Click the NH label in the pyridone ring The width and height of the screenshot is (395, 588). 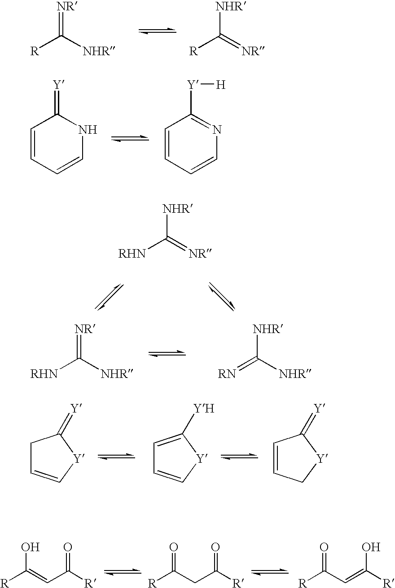(x=88, y=130)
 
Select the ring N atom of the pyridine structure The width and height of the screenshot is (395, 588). (x=217, y=130)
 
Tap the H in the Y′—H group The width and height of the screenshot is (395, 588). (x=220, y=84)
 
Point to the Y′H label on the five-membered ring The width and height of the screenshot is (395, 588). (x=203, y=408)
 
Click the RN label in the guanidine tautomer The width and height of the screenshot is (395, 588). (x=228, y=373)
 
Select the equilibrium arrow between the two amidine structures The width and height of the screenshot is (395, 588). (x=157, y=31)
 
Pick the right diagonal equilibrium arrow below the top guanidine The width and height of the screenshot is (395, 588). (x=222, y=297)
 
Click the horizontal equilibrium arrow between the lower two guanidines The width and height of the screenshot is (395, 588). (x=167, y=353)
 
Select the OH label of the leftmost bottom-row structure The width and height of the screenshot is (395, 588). (x=31, y=547)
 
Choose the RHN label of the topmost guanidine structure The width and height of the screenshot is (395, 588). (x=132, y=254)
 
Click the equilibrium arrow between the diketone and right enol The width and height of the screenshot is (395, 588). (x=269, y=571)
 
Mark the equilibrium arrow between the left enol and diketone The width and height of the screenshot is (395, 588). (x=123, y=571)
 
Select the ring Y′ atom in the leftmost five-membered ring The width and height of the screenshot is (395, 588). (x=79, y=459)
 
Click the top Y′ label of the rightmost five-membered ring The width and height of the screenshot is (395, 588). (x=319, y=408)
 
